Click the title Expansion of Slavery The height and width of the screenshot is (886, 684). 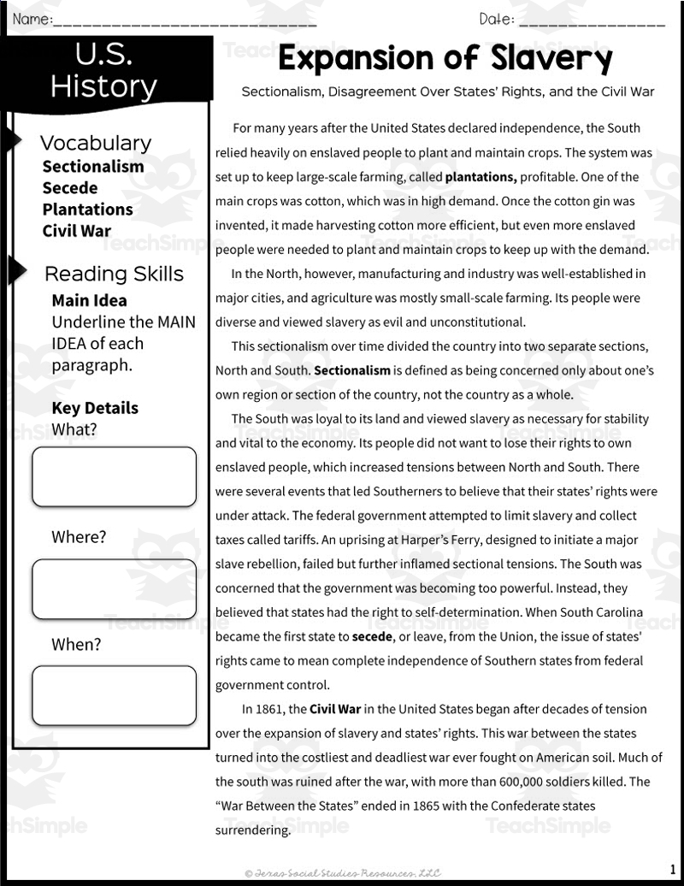click(445, 58)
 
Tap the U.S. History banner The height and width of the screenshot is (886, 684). click(103, 72)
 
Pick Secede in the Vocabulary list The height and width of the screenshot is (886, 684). click(70, 188)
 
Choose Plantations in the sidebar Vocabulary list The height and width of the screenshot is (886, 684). click(87, 210)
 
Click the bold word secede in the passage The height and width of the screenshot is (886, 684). click(374, 637)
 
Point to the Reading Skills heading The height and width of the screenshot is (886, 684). click(114, 274)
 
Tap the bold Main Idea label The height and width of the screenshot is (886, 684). click(89, 301)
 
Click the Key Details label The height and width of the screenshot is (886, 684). click(94, 408)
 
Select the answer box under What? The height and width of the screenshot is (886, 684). click(114, 476)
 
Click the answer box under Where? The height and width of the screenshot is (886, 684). click(114, 589)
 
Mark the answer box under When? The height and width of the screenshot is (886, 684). click(114, 696)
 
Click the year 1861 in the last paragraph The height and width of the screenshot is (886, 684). click(274, 709)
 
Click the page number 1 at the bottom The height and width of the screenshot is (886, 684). click(673, 870)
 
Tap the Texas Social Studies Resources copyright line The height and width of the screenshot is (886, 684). click(342, 872)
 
